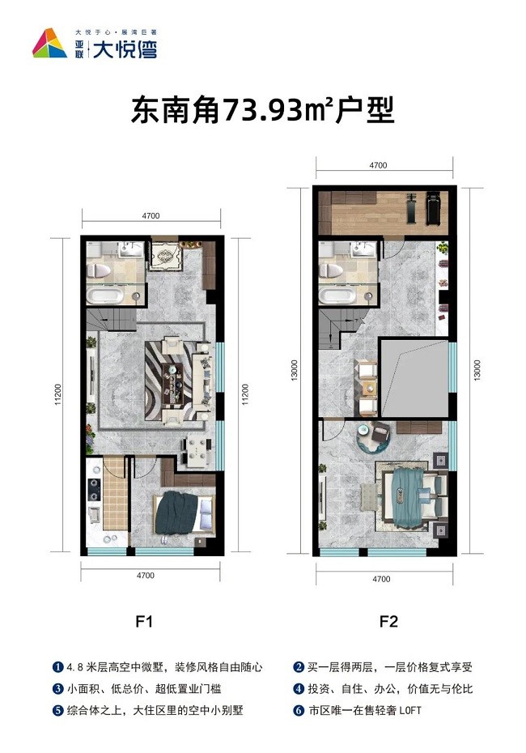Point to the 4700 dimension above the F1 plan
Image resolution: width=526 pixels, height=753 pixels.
tap(151, 215)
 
